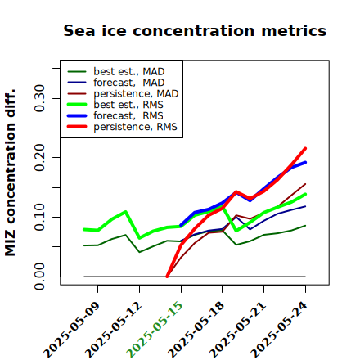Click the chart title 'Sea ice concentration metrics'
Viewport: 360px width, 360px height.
pyautogui.click(x=195, y=30)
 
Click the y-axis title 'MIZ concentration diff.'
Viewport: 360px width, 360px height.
pyautogui.click(x=10, y=173)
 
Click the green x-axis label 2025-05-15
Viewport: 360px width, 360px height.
pyautogui.click(x=155, y=330)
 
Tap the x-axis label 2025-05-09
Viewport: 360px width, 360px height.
pyautogui.click(x=71, y=330)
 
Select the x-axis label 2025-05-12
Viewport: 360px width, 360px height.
pyautogui.click(x=113, y=330)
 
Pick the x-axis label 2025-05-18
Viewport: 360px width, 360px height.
pyautogui.click(x=196, y=330)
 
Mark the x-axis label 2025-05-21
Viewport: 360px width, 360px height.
pyautogui.click(x=237, y=330)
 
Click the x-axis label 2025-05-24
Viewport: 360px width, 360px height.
pyautogui.click(x=279, y=330)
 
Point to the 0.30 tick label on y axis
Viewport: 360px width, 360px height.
pyautogui.click(x=39, y=98)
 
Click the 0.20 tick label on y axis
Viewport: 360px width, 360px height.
pyautogui.click(x=39, y=158)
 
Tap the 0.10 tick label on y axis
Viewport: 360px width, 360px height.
pyautogui.click(x=39, y=217)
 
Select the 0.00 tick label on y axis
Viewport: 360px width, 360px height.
pyautogui.click(x=39, y=277)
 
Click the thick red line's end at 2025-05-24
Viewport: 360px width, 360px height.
pyautogui.click(x=305, y=148)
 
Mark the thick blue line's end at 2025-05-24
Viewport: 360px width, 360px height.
pyautogui.click(x=305, y=163)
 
